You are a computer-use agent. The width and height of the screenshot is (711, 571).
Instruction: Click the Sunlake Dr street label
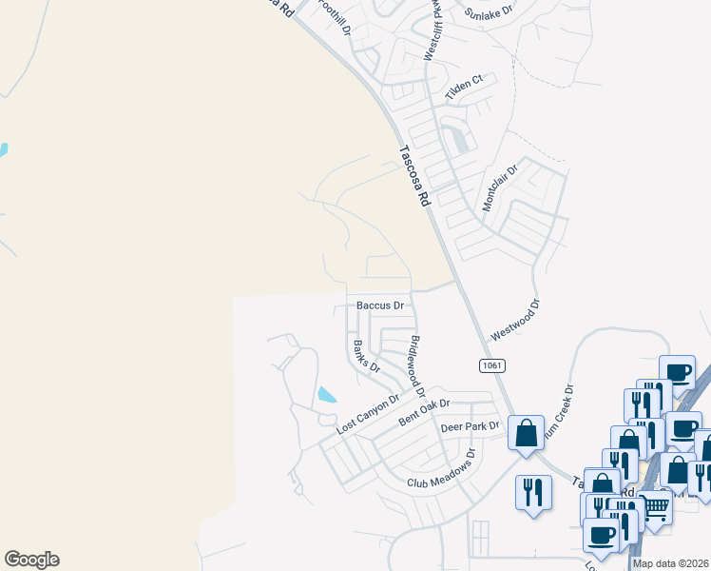489,12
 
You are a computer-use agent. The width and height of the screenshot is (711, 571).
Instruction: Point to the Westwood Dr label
514,322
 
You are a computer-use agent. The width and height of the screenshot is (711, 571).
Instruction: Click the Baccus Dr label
380,305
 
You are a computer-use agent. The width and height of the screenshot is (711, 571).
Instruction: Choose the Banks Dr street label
366,356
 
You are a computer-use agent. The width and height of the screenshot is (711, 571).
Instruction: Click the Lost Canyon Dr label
368,416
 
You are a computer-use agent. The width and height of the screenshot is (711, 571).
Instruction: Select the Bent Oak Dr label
423,410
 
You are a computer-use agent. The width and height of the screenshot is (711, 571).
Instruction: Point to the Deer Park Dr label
471,427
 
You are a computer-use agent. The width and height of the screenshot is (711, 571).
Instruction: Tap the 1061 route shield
491,365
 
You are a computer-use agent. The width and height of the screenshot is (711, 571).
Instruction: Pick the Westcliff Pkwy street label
433,34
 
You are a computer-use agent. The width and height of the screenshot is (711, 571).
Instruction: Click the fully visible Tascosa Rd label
414,175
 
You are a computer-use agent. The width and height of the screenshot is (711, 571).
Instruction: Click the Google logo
31,560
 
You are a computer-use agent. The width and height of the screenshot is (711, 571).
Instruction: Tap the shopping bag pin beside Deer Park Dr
526,434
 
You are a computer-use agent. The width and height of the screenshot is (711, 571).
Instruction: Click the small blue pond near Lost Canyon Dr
326,394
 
